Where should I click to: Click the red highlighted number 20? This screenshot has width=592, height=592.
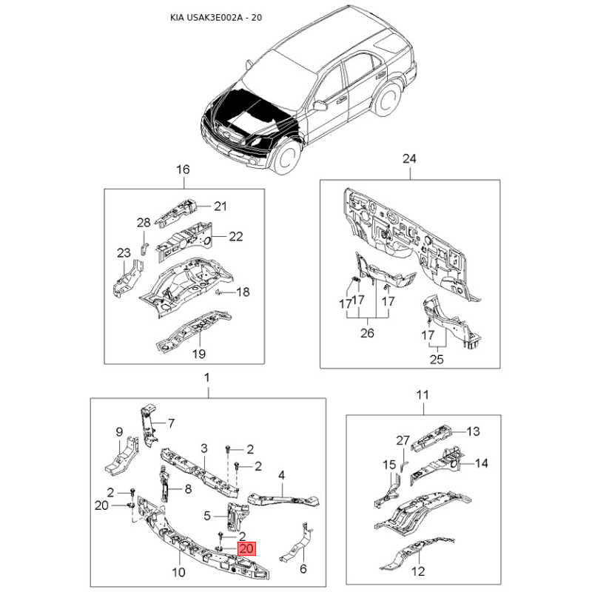click(246, 548)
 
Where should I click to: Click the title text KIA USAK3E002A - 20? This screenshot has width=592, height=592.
click(216, 17)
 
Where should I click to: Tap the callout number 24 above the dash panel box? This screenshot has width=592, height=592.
click(409, 158)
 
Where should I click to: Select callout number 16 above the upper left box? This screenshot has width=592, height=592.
click(183, 169)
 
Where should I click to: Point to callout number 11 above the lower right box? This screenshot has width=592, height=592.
click(423, 395)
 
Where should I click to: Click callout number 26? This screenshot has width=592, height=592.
click(367, 333)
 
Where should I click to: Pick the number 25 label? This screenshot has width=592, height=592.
click(437, 359)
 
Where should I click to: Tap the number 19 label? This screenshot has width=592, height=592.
click(199, 354)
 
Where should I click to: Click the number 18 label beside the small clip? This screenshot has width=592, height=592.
click(243, 292)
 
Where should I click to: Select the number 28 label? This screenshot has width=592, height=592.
click(144, 223)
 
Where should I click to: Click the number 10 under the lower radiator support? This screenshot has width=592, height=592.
click(178, 572)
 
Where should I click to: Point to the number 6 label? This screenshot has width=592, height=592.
click(303, 568)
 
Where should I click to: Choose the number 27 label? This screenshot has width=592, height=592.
click(403, 440)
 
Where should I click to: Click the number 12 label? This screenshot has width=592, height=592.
click(418, 571)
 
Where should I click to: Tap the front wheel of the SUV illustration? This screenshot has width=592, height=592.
click(286, 156)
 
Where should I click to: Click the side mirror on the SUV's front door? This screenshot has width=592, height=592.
click(320, 105)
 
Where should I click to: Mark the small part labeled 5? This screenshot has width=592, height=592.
click(238, 517)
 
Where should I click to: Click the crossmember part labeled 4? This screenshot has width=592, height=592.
click(283, 499)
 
